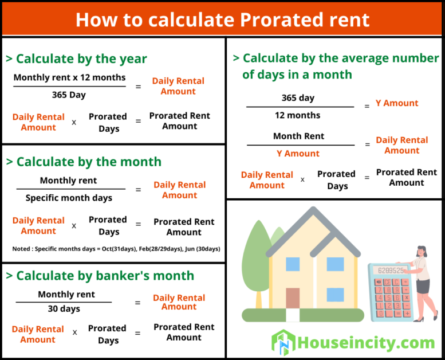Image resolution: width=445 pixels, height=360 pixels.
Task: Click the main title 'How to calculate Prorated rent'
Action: click(222, 19)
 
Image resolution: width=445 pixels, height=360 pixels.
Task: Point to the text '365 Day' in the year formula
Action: click(69, 95)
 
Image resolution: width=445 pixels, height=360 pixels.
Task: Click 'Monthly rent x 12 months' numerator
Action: click(69, 77)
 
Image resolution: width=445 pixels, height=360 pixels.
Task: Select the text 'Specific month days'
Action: click(69, 198)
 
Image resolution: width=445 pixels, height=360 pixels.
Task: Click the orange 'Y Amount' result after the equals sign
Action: click(397, 103)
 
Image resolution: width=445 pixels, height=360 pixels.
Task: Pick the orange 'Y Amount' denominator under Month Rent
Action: click(298, 154)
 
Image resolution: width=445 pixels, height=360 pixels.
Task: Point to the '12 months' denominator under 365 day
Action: click(298, 115)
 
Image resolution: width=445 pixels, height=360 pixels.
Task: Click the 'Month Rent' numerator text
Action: click(298, 136)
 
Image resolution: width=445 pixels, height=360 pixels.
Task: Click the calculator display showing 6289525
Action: click(391, 270)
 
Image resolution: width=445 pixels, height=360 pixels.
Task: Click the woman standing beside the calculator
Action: click(422, 281)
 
